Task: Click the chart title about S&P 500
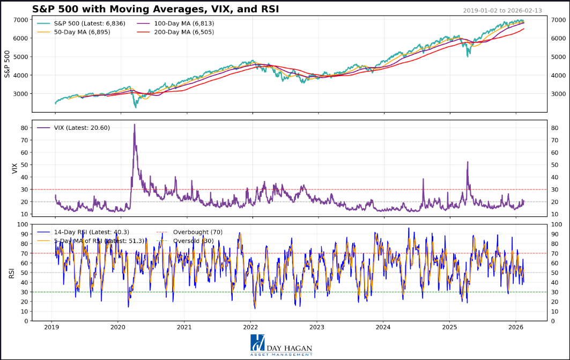click(x=156, y=9)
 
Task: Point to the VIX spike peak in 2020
click(x=134, y=124)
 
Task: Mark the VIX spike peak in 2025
click(x=468, y=161)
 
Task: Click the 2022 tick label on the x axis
click(x=250, y=327)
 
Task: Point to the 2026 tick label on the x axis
click(x=516, y=327)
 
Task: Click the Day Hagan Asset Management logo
click(x=280, y=346)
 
